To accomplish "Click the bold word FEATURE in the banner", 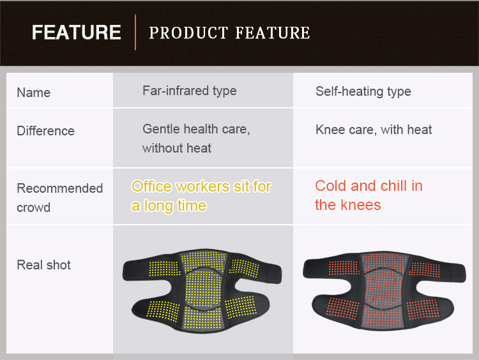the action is [77, 33].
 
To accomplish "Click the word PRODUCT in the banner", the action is [188, 33].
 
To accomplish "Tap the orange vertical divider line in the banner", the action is [135, 32].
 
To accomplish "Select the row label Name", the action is [34, 93].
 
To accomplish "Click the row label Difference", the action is [45, 131].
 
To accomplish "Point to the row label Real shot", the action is [43, 265].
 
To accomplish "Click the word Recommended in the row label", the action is [60, 188].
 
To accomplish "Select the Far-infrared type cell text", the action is [190, 91].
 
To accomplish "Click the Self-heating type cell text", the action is [363, 91].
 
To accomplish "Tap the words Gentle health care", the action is [196, 129].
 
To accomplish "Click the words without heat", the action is [176, 148].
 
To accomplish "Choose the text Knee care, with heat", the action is [374, 130].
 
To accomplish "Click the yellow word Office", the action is [151, 186].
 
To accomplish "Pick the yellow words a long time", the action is [169, 206].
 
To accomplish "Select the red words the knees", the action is [348, 205].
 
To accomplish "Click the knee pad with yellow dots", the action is [202, 290].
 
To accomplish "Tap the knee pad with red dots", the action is [384, 290].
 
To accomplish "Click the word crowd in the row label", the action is [34, 207].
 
